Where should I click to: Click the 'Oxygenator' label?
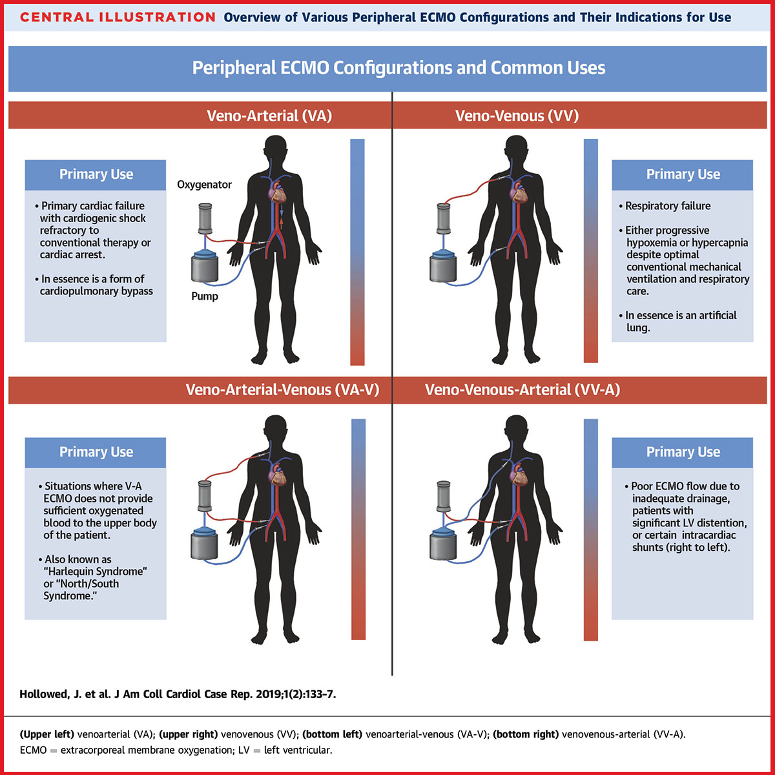204,185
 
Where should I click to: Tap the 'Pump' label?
205,296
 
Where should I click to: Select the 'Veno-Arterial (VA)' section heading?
269,116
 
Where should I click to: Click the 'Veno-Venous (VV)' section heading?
517,116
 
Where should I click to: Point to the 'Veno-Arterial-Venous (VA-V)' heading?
282,390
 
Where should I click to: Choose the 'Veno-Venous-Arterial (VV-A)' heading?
522,390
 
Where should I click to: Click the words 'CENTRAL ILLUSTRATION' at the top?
118,17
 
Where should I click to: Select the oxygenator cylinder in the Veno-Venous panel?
444,219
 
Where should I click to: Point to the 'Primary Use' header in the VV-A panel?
683,452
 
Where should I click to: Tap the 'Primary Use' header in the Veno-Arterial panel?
96,174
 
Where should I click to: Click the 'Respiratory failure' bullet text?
668,206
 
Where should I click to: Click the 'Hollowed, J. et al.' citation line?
178,694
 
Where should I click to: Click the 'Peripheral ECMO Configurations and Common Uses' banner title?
398,68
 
